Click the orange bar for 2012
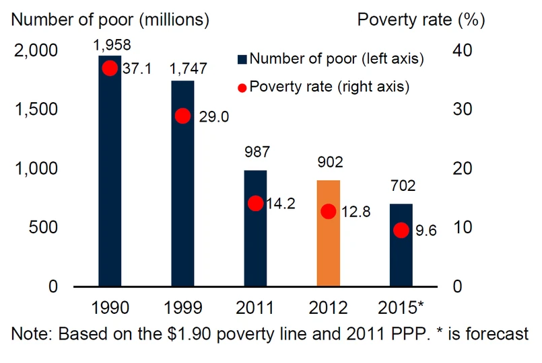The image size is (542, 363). tap(328, 233)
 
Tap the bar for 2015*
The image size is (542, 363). tap(401, 245)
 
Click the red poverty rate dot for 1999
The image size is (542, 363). tap(182, 116)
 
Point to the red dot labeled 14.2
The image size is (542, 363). tap(255, 203)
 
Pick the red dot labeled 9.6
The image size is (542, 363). tap(401, 230)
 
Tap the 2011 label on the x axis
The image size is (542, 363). tap(256, 308)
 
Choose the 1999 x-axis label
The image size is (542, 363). tap(183, 308)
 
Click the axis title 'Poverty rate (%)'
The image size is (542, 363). tap(421, 19)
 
